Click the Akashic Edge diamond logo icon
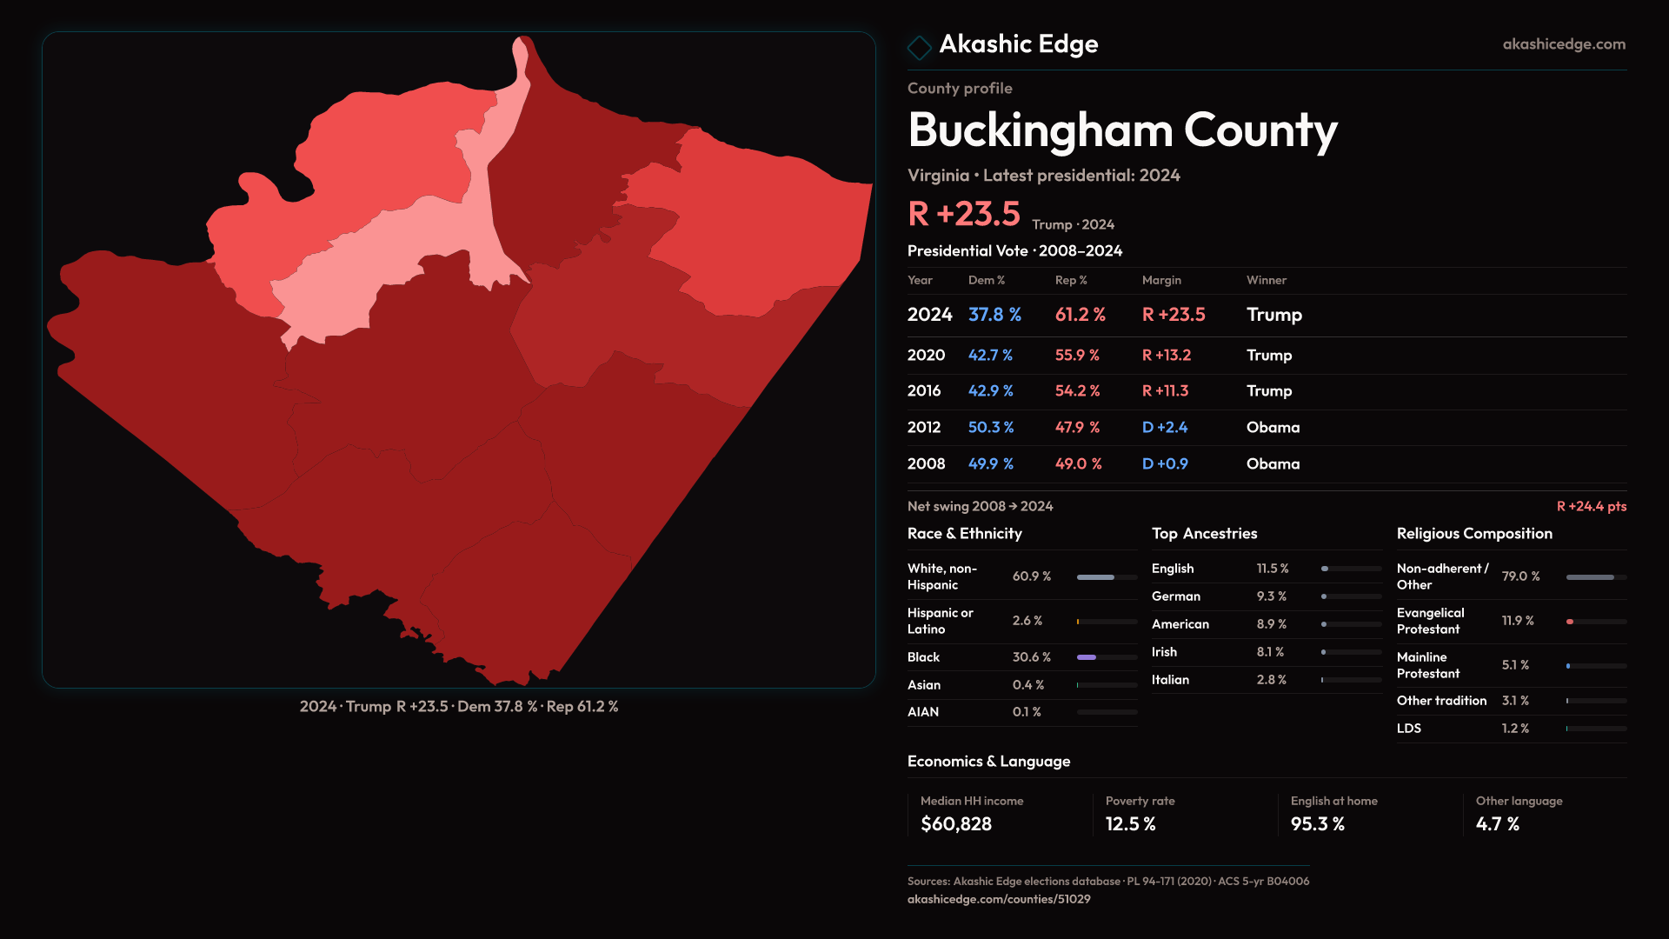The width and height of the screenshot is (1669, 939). coord(919,47)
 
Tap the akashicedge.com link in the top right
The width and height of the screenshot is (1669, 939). coord(1563,44)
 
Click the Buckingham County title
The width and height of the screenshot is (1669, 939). coord(1121,130)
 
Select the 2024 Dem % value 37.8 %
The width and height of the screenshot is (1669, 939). coord(994,315)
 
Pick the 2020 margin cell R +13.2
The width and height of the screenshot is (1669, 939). coord(1166,356)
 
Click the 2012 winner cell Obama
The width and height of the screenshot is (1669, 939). coord(1273,428)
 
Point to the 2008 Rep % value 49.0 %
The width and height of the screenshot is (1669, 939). coord(1078,464)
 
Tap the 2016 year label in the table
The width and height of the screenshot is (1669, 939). coord(923,391)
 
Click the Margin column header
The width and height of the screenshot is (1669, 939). coord(1161,280)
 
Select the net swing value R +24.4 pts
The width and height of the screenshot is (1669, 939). coord(1591,506)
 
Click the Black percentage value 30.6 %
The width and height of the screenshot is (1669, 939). coord(1031,657)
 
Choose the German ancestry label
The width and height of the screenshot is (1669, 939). coord(1175,596)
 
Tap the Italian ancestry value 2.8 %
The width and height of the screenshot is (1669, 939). coord(1271,680)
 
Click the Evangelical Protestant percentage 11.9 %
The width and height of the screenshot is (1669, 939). coord(1517,621)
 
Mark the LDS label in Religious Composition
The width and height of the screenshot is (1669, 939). coord(1408,729)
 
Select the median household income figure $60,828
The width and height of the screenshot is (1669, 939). coord(955,824)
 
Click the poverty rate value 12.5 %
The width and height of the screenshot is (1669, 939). coord(1130,824)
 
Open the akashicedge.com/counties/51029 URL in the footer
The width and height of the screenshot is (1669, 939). coord(998,899)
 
